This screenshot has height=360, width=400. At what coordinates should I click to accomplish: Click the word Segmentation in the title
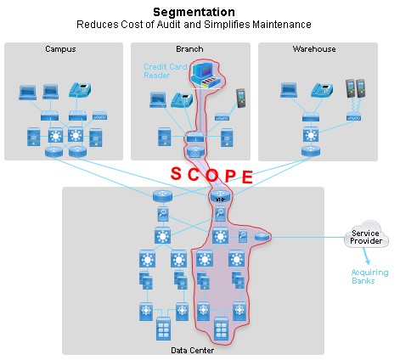tap(193, 12)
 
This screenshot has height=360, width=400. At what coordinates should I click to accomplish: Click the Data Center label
tap(194, 348)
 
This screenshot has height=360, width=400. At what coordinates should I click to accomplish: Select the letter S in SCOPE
tap(177, 172)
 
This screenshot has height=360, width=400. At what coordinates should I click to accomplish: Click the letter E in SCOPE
tap(247, 177)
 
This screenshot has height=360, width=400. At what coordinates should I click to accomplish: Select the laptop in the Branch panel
tap(158, 99)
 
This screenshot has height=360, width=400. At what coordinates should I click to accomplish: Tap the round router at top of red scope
tap(220, 197)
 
